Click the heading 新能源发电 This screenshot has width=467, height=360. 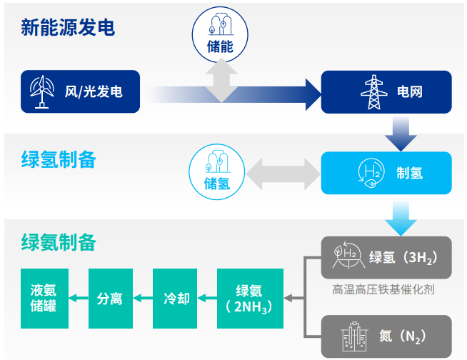pos(68,28)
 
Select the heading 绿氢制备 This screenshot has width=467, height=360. pos(59,159)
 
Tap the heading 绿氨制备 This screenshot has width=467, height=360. pos(59,241)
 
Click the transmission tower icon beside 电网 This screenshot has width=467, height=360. pos(371,91)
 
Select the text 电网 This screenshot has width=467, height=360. pos(409,92)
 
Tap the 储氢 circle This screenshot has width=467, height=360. pos(216,172)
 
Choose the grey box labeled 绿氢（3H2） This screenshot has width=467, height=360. pos(386,257)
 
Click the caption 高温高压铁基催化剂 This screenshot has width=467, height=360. pos(383,290)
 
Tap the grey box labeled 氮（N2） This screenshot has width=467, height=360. pos(386,336)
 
